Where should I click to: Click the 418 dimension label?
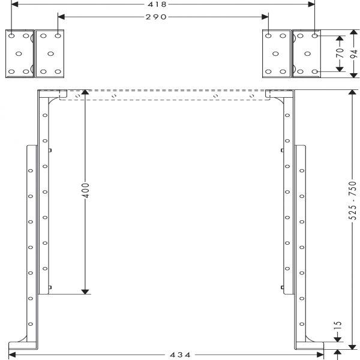(157, 4)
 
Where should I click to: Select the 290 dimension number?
(156, 17)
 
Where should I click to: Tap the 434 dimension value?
(180, 355)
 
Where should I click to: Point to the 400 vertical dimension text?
(85, 190)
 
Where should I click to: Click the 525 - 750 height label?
(352, 200)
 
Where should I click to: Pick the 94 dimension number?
(354, 53)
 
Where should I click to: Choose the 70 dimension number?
(340, 53)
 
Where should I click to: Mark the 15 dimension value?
(337, 326)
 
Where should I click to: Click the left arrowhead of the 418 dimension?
(14, 4)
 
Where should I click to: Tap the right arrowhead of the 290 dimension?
(265, 17)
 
